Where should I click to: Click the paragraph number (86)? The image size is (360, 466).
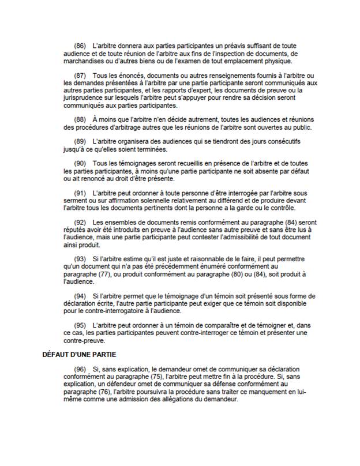tap(80, 44)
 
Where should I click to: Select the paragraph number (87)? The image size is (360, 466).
tap(80, 77)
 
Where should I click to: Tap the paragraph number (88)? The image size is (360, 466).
tap(80, 118)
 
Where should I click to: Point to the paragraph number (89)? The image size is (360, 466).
tap(80, 142)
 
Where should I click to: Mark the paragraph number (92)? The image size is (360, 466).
tap(80, 223)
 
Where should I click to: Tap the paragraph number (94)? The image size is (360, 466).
tap(80, 295)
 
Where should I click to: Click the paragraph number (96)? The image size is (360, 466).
tap(80, 369)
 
